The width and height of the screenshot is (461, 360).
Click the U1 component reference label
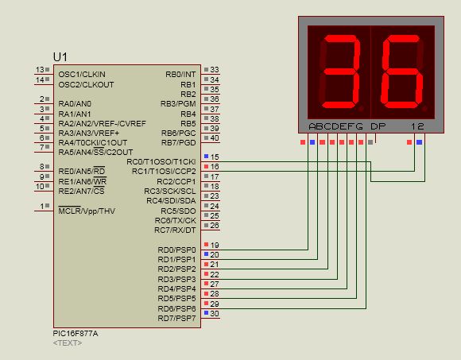(60, 56)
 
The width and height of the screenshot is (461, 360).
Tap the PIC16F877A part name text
(76, 334)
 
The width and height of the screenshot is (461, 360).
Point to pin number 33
(214, 70)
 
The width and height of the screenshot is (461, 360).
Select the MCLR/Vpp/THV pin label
(86, 211)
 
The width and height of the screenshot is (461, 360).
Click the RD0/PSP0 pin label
(176, 250)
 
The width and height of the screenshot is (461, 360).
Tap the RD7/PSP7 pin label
(176, 318)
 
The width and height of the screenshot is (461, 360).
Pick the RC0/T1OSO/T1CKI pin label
(162, 161)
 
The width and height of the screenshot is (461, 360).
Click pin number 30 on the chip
(214, 313)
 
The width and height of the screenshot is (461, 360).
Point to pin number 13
(41, 70)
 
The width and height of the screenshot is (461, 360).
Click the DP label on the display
(378, 126)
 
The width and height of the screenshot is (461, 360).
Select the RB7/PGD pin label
(178, 142)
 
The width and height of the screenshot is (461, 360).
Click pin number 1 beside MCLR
(43, 207)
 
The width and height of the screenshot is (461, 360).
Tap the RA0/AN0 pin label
(75, 103)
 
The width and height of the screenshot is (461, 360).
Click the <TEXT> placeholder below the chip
(67, 343)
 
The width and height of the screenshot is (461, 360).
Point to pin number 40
(214, 138)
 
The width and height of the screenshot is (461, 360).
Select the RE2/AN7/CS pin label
(81, 191)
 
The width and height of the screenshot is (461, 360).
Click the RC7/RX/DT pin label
(175, 230)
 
